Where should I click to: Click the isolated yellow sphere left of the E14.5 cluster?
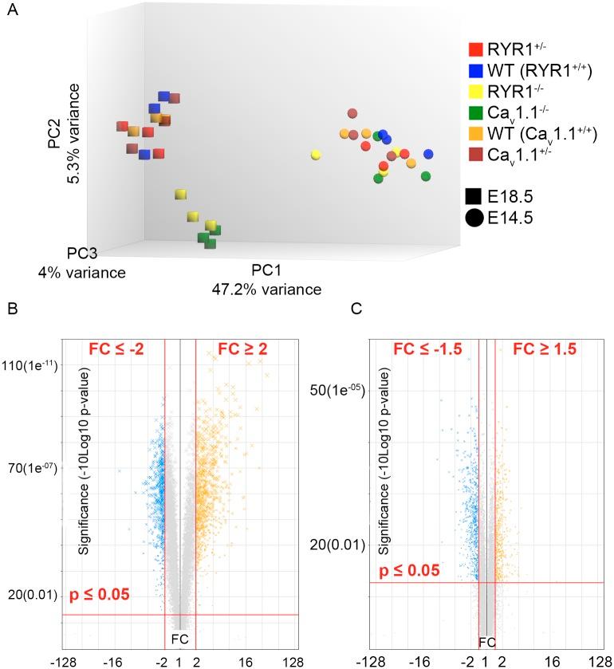pos(316,154)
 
